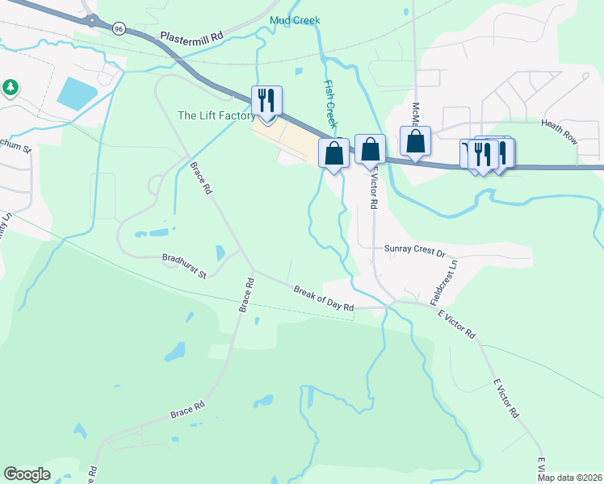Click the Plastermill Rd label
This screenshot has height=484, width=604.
[x=191, y=38]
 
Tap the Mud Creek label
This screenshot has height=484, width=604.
[x=296, y=20]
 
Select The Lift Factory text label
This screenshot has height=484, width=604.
[x=216, y=115]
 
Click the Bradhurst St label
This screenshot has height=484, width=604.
[x=184, y=266]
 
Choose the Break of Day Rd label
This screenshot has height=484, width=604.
[x=324, y=298]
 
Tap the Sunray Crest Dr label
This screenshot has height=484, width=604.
[x=414, y=251]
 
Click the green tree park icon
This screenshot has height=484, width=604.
[x=10, y=86]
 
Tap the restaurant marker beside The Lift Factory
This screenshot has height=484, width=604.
[x=266, y=102]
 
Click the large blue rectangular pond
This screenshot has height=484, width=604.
[x=77, y=94]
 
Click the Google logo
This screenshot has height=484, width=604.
[x=27, y=474]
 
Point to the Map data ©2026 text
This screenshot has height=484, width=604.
[x=570, y=477]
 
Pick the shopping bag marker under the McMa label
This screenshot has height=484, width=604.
[x=415, y=141]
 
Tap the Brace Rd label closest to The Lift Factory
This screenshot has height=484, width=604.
[x=200, y=178]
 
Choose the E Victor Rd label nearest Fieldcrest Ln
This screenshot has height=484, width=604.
[x=457, y=323]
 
